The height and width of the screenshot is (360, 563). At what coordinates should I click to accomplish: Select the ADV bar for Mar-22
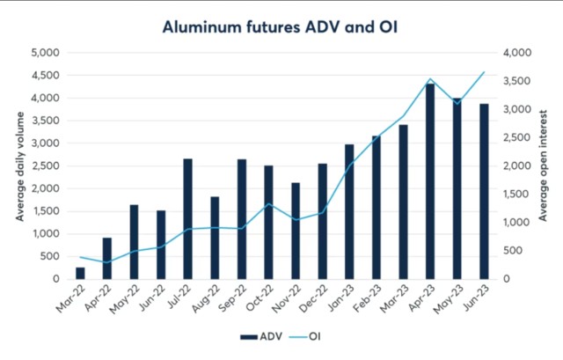81,273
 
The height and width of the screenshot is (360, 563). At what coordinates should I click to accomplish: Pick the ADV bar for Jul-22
188,219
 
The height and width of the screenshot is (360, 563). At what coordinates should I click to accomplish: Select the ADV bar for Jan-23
349,212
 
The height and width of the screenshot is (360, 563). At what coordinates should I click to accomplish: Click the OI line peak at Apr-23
430,79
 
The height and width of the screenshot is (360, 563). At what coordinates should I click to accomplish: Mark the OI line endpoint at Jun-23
484,72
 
